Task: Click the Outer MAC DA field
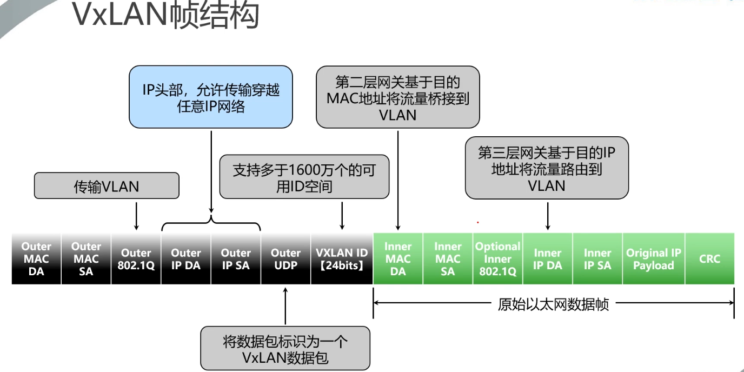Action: (36, 259)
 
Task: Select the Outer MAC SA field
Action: (87, 259)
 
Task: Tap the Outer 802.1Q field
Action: (136, 259)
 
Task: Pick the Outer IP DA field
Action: (186, 259)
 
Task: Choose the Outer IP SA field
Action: (236, 259)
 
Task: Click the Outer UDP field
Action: (285, 259)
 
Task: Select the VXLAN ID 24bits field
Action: (342, 259)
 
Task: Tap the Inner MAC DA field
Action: (398, 259)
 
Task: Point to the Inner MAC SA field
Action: (448, 259)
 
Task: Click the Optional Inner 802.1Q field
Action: (497, 259)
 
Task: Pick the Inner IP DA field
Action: (548, 259)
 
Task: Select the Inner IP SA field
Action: (597, 259)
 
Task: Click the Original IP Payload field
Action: (654, 259)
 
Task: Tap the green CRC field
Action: (709, 259)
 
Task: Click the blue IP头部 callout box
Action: (210, 98)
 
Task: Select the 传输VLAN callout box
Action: (107, 186)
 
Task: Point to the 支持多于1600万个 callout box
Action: (304, 178)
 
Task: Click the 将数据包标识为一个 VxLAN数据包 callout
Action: (285, 348)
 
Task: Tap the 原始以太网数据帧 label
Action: (553, 304)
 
